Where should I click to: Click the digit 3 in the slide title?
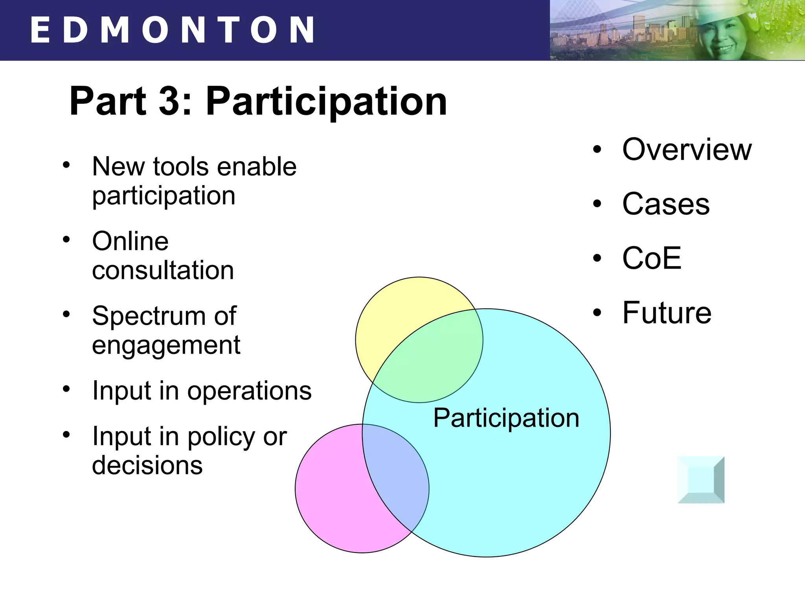pyautogui.click(x=169, y=101)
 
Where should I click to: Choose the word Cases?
pyautogui.click(x=666, y=204)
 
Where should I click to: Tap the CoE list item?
pyautogui.click(x=652, y=258)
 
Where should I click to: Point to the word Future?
pyautogui.click(x=667, y=313)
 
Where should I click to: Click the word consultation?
pyautogui.click(x=163, y=271)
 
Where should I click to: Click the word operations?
pyautogui.click(x=249, y=391)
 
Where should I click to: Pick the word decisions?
pyautogui.click(x=147, y=466)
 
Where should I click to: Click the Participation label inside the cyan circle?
pyautogui.click(x=506, y=418)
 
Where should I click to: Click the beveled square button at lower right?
pyautogui.click(x=701, y=480)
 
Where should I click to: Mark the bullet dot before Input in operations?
pyautogui.click(x=66, y=389)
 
